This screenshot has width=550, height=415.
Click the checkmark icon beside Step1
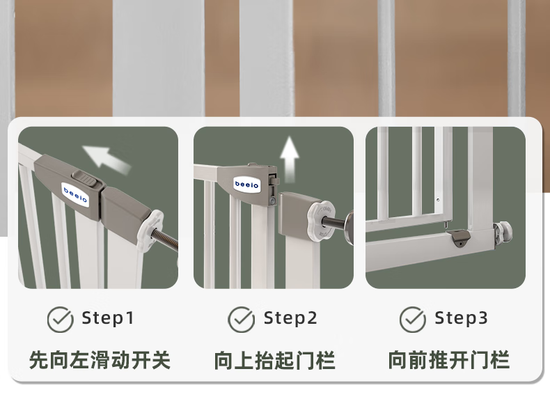[x=60, y=320]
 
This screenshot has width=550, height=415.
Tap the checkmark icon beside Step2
[x=242, y=320]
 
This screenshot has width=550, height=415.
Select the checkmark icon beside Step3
[x=412, y=320]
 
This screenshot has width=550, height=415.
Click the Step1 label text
[x=108, y=318]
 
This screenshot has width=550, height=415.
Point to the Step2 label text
[x=290, y=318]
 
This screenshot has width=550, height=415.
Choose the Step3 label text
[x=462, y=318]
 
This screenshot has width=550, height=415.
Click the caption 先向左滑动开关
[x=100, y=360]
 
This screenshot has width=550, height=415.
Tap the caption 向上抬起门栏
[x=274, y=360]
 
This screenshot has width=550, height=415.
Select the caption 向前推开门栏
[x=448, y=360]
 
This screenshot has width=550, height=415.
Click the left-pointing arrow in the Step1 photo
[x=105, y=159]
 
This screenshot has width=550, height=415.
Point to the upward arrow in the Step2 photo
[x=290, y=159]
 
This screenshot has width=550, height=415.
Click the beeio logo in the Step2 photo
[x=246, y=184]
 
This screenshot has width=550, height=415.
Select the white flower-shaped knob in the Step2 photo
[x=320, y=220]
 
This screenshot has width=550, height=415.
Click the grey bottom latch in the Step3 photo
[x=459, y=238]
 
